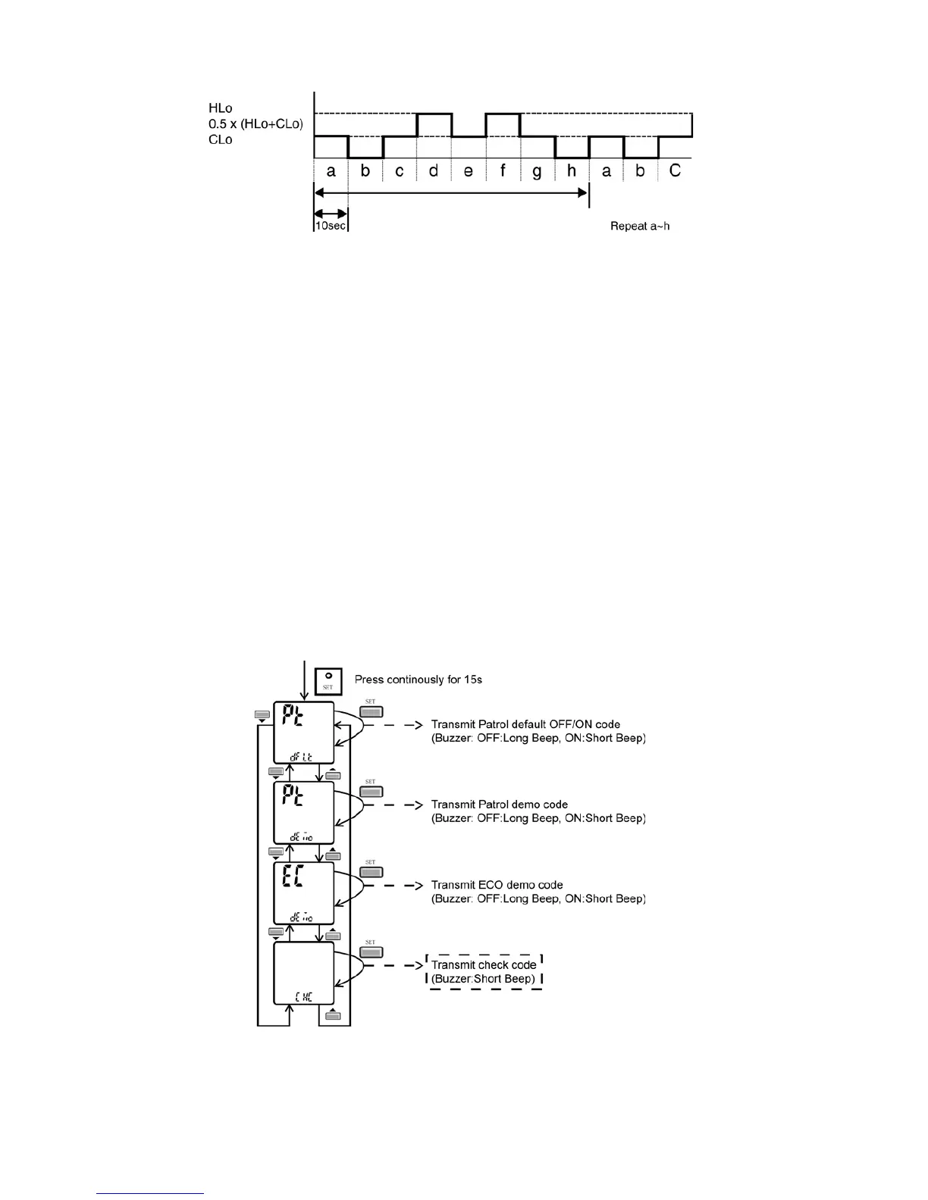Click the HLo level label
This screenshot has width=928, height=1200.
[x=220, y=108]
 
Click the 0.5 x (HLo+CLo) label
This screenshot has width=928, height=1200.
[x=256, y=124]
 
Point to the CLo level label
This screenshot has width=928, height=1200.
[x=220, y=140]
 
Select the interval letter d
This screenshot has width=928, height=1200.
[x=434, y=170]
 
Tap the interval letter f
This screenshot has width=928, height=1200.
[x=503, y=170]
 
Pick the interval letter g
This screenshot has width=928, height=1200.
[x=537, y=171]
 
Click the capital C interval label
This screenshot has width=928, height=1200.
[x=675, y=170]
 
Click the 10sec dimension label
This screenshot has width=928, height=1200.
[x=330, y=226]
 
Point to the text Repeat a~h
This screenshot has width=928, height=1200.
[x=640, y=226]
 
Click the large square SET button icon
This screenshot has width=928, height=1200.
[x=328, y=680]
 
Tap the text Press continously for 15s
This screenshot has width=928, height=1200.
[x=419, y=680]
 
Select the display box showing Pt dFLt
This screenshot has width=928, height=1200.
[x=303, y=733]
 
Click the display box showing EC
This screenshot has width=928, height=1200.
[x=303, y=893]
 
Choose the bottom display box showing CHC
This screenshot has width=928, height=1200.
[x=303, y=973]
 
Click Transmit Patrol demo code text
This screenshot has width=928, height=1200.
[x=499, y=805]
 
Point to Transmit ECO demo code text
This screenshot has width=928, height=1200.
[x=497, y=885]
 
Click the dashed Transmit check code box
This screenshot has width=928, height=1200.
[x=484, y=972]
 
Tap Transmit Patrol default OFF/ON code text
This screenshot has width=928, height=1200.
[x=525, y=724]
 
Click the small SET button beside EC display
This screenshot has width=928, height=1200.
[x=371, y=872]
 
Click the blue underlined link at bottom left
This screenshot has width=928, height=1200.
[x=150, y=1194]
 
